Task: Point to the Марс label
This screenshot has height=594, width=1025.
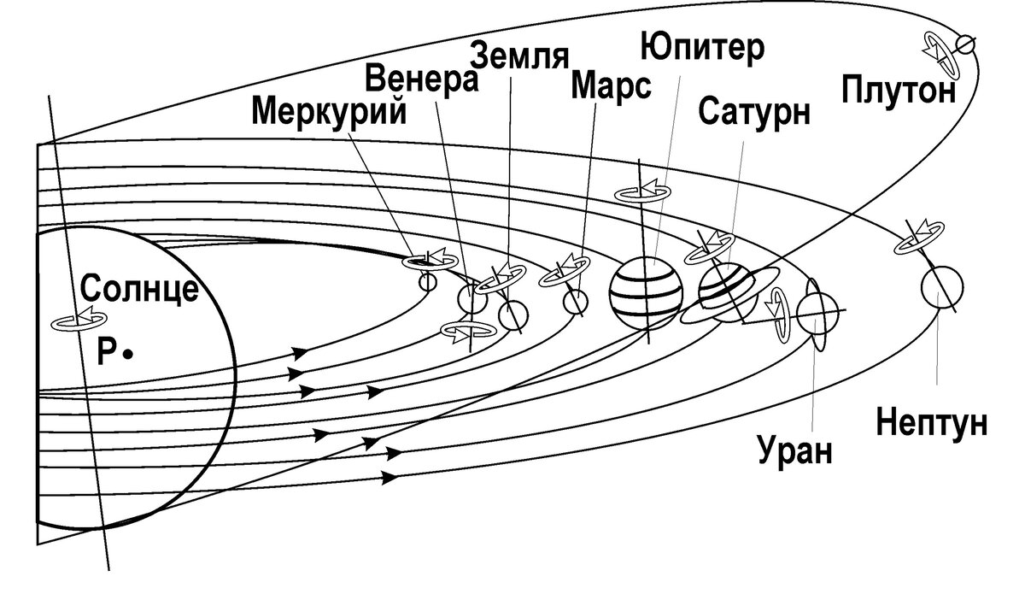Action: tap(611, 85)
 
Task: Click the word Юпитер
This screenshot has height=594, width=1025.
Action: tap(700, 49)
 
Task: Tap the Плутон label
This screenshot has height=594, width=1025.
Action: tap(896, 89)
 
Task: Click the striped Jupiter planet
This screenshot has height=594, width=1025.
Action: tap(647, 292)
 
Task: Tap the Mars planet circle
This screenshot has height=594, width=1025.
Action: tap(576, 301)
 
